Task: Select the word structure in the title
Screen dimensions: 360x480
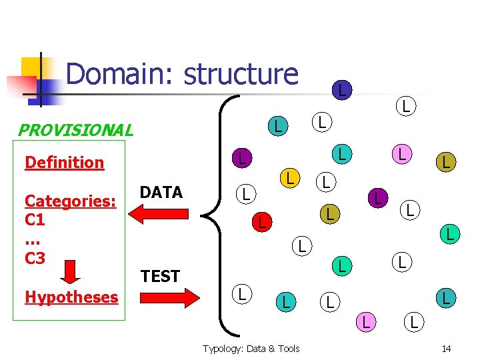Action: pos(241,74)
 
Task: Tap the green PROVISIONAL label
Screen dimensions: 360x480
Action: pos(75,130)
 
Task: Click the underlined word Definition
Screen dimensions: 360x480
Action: pos(64,162)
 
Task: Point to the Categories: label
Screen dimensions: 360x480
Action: pos(71,201)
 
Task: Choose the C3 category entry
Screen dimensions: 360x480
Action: pos(35,258)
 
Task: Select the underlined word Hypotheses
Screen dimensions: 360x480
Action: pos(71,297)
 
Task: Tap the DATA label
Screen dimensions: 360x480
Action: pos(161,193)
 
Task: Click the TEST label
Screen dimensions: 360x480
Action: pos(161,276)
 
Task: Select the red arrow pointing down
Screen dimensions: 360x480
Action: pos(69,271)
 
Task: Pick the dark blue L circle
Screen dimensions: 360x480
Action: pos(341,89)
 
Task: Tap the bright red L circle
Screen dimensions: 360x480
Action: pos(261,222)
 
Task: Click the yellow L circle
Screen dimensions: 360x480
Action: pos(289,178)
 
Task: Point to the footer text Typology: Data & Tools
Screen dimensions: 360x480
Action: pos(251,349)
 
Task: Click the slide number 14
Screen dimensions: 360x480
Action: pos(446,349)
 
